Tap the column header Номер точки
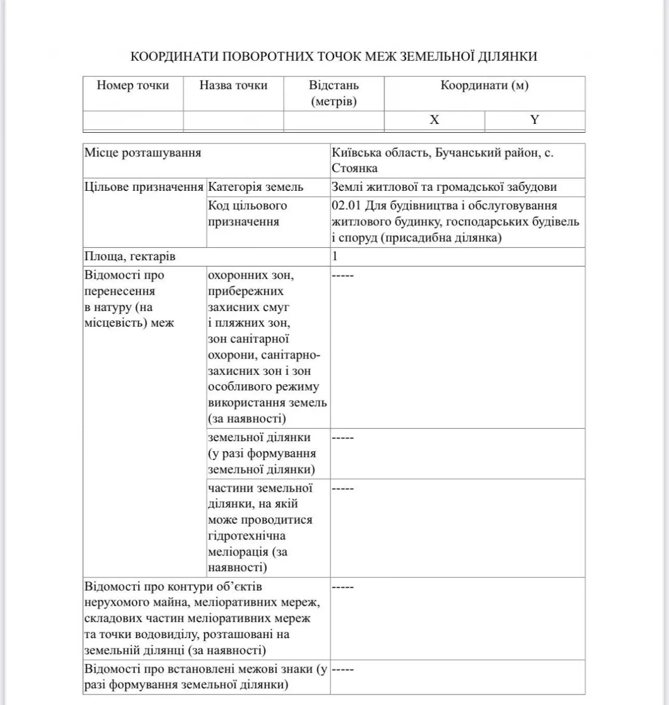133,86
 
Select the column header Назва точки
233,86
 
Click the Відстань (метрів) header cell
333,93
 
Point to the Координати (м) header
484,86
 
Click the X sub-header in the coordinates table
434,120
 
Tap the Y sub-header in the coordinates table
534,120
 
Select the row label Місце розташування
143,153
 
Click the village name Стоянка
354,169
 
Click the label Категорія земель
255,187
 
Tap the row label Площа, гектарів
130,257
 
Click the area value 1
335,257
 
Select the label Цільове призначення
144,187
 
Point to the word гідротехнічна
247,536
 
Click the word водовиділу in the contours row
168,635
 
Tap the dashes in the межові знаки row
343,669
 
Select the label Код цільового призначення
247,214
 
